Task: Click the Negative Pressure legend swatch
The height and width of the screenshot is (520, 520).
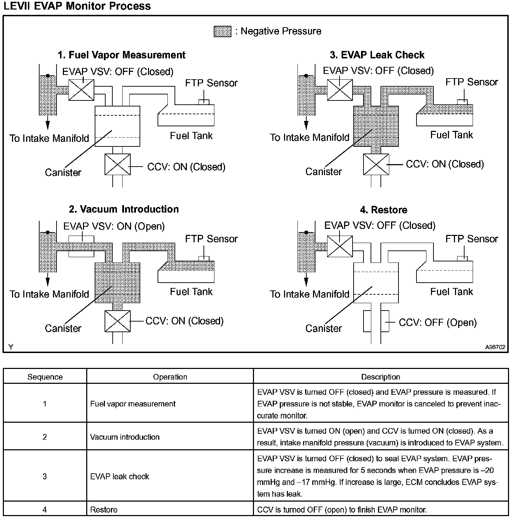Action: tap(223, 31)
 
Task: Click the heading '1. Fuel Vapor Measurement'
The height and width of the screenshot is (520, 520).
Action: tap(122, 55)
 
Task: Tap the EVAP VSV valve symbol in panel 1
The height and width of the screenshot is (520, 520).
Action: tap(81, 90)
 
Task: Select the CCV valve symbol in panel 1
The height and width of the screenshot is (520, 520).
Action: tap(117, 164)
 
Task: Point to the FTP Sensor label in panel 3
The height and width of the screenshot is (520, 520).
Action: tap(472, 82)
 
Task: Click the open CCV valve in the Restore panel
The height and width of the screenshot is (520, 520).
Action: tap(376, 321)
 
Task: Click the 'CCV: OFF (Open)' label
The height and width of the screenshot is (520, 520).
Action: tap(438, 323)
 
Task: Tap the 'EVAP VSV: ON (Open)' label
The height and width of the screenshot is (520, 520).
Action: tap(114, 226)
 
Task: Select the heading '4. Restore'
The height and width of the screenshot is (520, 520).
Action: tap(384, 210)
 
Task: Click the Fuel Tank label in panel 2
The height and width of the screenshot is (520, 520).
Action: tap(191, 292)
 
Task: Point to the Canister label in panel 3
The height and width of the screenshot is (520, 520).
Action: tap(324, 172)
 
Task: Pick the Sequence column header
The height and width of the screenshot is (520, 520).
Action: tap(45, 377)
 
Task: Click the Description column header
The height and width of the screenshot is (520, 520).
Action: tap(380, 377)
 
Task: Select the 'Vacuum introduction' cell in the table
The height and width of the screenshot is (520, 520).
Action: tap(125, 437)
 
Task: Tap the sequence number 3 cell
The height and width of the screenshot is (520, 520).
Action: tap(45, 476)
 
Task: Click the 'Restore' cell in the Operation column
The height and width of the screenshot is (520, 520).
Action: tap(104, 510)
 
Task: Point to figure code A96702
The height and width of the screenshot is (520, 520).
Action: tap(495, 347)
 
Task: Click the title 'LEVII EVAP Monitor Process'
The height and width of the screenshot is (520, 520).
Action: tap(77, 6)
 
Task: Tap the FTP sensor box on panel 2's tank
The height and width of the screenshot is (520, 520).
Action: tap(204, 258)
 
